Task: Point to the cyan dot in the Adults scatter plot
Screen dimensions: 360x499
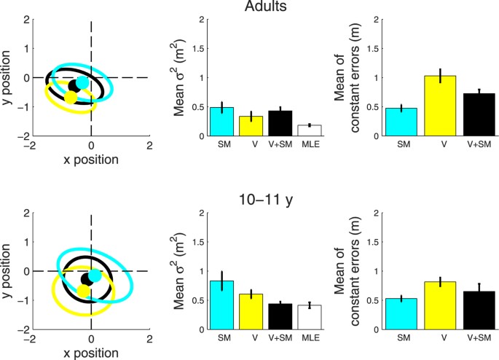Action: [83, 83]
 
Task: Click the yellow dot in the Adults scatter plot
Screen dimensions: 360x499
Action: [71, 97]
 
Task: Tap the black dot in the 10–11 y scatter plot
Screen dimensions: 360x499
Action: [87, 278]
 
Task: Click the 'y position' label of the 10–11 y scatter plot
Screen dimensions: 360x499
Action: [9, 271]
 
